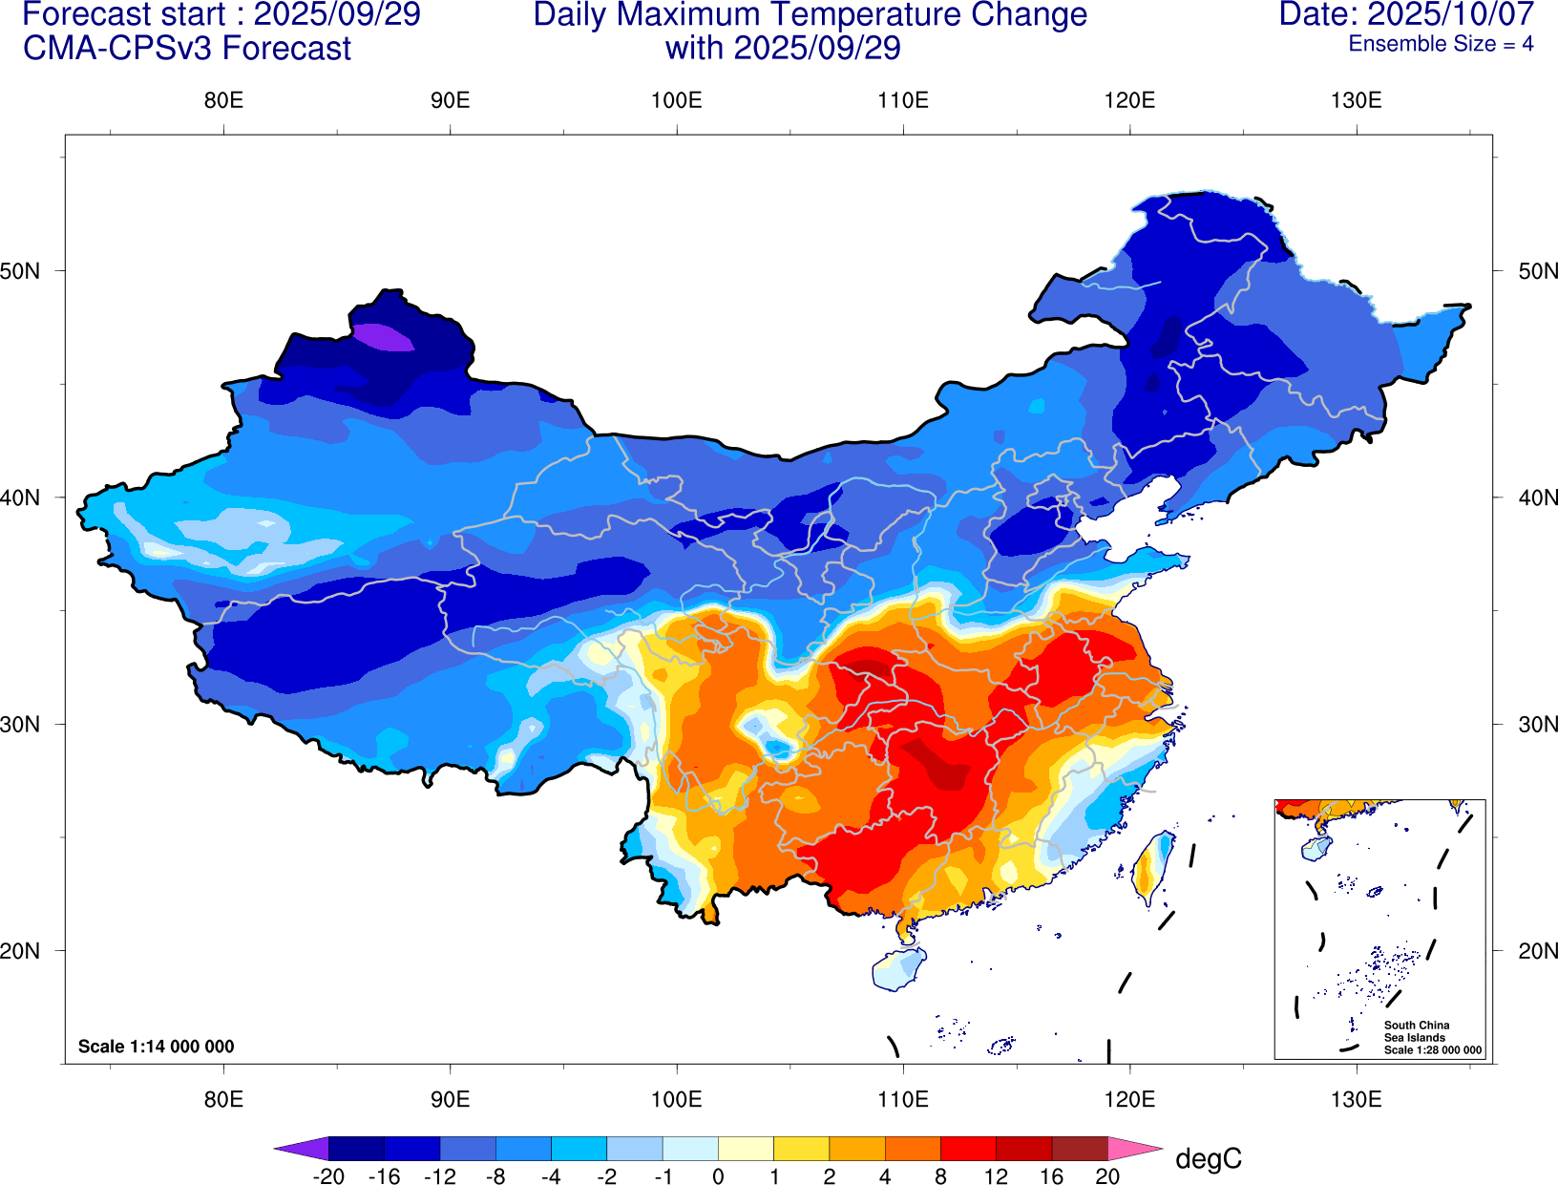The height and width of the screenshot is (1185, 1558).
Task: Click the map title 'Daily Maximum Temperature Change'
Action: click(x=810, y=15)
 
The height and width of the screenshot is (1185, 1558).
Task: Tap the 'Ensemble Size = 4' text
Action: click(x=1440, y=44)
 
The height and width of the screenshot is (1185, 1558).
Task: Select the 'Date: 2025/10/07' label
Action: click(x=1405, y=14)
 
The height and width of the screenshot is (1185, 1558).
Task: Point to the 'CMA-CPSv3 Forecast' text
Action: click(x=187, y=48)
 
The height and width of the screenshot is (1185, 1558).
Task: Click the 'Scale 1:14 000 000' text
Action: click(x=156, y=1047)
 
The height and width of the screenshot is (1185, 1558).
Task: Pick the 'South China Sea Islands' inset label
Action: click(x=1417, y=1031)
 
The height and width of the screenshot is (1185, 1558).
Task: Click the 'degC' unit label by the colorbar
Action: click(x=1208, y=1158)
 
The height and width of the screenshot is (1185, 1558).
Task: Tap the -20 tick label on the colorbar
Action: click(x=328, y=1176)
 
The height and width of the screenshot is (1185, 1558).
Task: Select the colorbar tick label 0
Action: click(x=718, y=1176)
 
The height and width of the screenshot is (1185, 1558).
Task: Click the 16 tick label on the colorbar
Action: click(x=1051, y=1176)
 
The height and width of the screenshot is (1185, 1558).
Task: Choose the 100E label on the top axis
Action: click(x=676, y=100)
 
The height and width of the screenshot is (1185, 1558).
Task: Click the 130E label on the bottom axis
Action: click(x=1356, y=1099)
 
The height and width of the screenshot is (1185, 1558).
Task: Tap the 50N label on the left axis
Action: click(x=21, y=270)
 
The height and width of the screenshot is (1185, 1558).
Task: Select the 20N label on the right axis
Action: click(x=1537, y=950)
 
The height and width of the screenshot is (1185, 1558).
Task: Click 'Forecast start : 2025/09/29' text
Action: click(x=221, y=15)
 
